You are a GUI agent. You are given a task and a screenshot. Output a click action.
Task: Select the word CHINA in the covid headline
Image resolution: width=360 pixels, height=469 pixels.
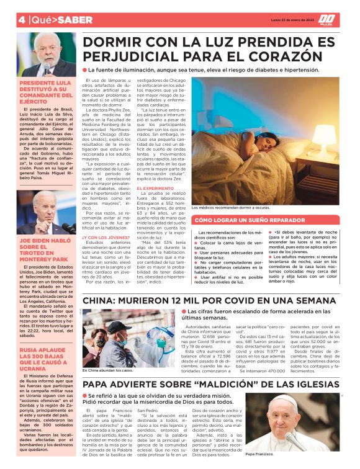(105, 301)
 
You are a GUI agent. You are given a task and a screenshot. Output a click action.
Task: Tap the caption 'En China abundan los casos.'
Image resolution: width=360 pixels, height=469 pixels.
(106, 370)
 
